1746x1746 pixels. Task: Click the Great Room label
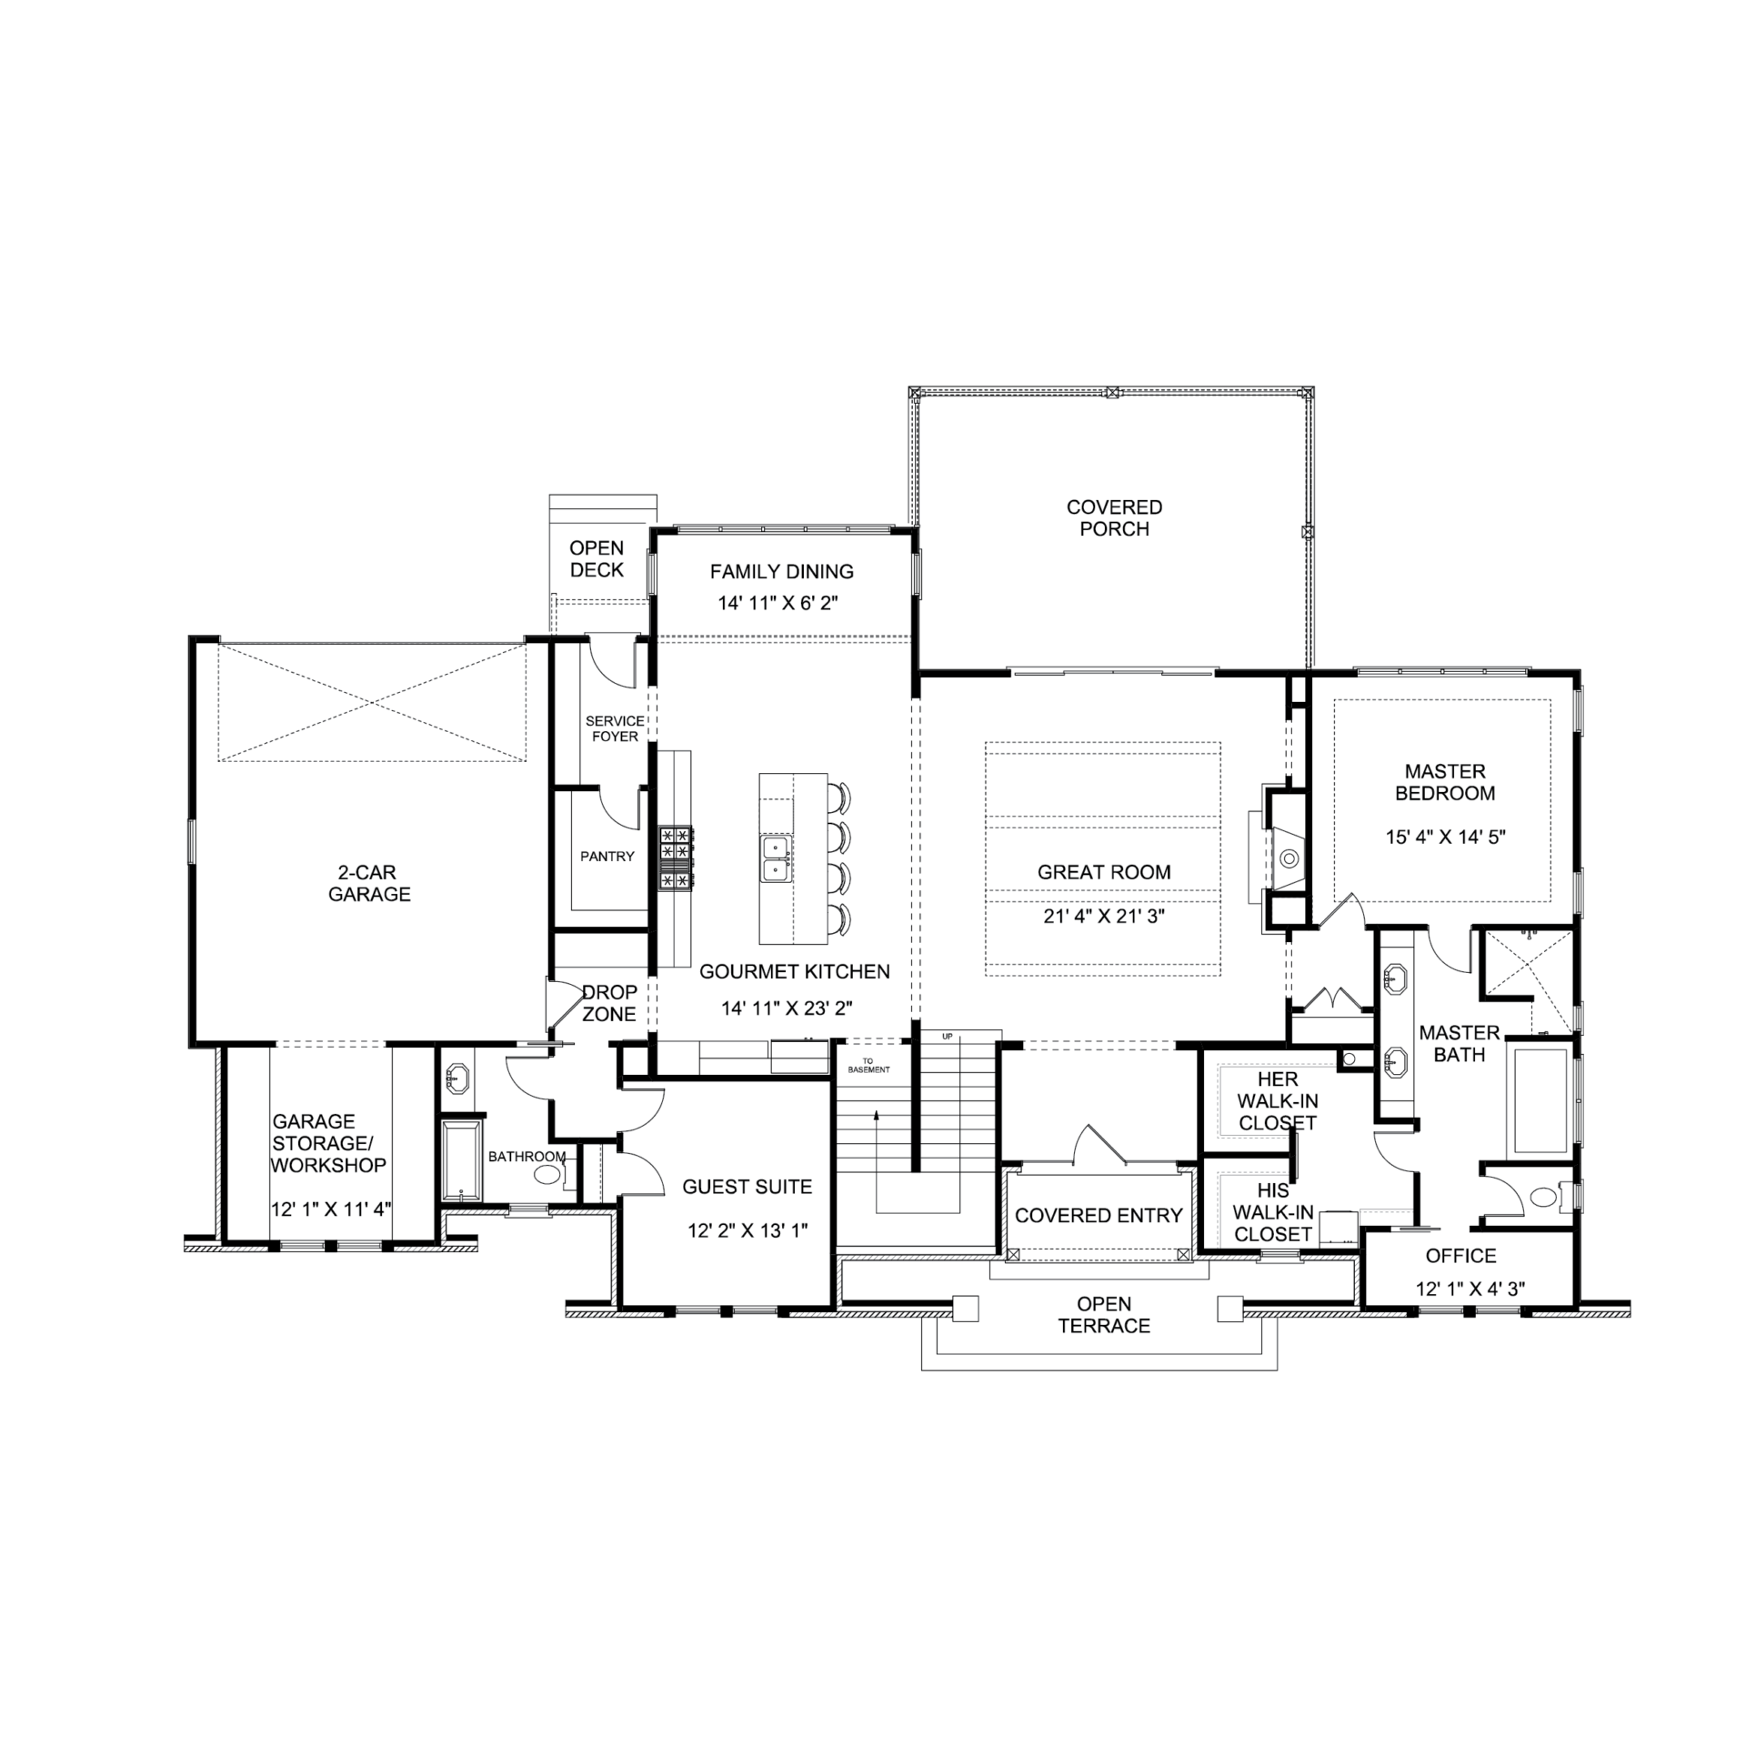pyautogui.click(x=1104, y=872)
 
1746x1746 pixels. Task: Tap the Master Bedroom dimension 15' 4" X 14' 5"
pyautogui.click(x=1446, y=837)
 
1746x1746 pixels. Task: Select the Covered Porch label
pyautogui.click(x=1114, y=517)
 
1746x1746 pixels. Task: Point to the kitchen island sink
pyautogui.click(x=776, y=859)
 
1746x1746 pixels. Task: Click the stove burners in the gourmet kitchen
pyautogui.click(x=676, y=857)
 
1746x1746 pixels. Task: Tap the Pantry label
pyautogui.click(x=607, y=856)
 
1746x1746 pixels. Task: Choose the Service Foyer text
pyautogui.click(x=615, y=728)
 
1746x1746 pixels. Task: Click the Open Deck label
pyautogui.click(x=597, y=559)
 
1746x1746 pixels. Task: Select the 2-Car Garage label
pyautogui.click(x=369, y=883)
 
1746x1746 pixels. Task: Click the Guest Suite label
pyautogui.click(x=748, y=1187)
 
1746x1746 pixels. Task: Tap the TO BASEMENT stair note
pyautogui.click(x=868, y=1065)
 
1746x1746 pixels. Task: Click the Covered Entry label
pyautogui.click(x=1099, y=1215)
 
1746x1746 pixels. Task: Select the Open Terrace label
pyautogui.click(x=1104, y=1315)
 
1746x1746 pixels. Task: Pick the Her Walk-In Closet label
pyautogui.click(x=1278, y=1100)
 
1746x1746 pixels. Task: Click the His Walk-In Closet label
pyautogui.click(x=1273, y=1212)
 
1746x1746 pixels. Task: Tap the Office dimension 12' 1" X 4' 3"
pyautogui.click(x=1470, y=1289)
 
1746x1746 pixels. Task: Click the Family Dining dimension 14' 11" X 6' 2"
pyautogui.click(x=778, y=603)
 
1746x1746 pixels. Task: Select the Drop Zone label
pyautogui.click(x=609, y=1003)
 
